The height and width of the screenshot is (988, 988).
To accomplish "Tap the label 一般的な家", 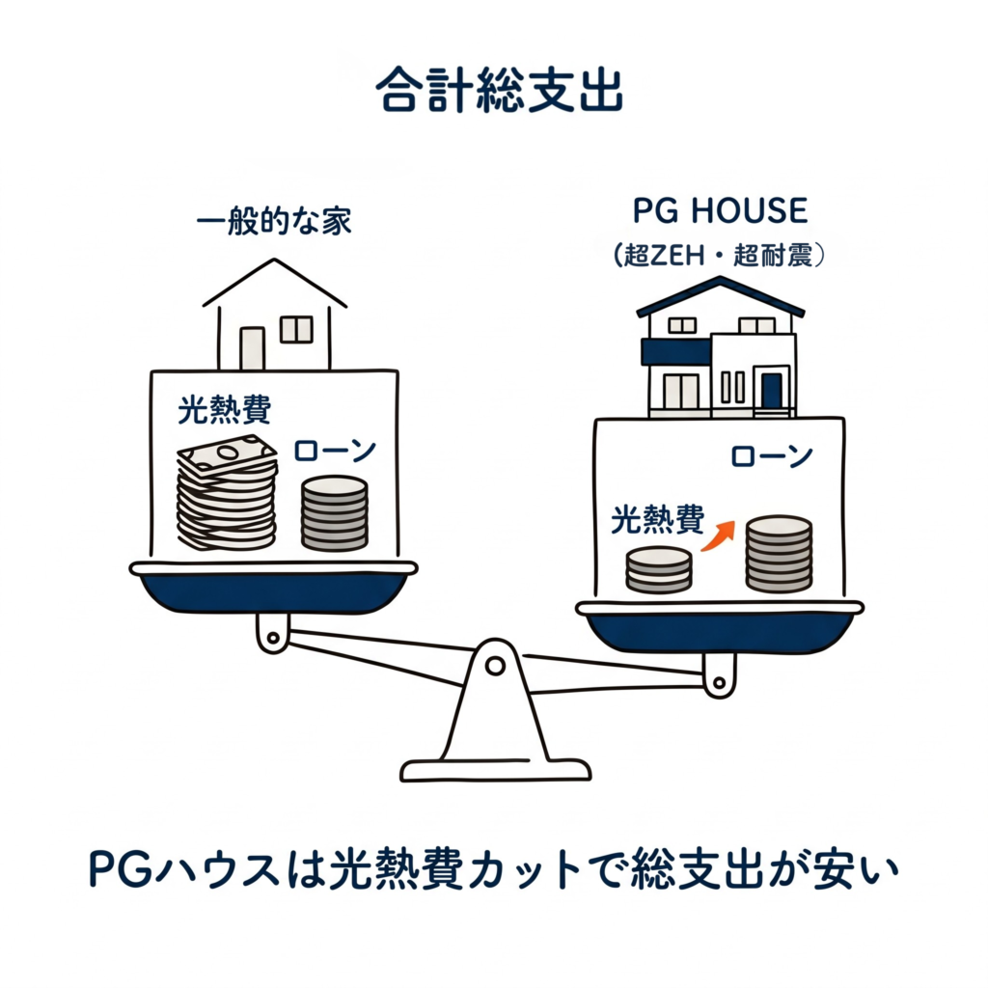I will (x=274, y=223).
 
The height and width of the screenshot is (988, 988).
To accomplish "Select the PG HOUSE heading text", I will (x=720, y=210).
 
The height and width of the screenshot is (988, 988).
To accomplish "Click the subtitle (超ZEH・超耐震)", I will (x=720, y=256).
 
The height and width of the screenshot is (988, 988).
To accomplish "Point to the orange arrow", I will (x=717, y=535).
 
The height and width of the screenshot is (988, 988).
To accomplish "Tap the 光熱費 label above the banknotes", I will (x=224, y=410).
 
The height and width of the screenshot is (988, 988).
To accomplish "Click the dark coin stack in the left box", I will (x=334, y=513).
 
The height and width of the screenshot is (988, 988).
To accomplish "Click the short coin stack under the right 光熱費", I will (x=658, y=569).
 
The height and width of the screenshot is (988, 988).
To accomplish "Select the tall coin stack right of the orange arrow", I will (x=779, y=554).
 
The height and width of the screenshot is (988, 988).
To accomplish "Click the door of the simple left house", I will (x=252, y=348).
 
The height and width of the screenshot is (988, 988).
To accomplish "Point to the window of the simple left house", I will (x=296, y=330).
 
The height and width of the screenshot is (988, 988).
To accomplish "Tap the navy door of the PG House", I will (x=771, y=392).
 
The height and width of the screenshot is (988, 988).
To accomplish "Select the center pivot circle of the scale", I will (x=494, y=665).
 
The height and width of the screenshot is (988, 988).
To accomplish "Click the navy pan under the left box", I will (x=273, y=591).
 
